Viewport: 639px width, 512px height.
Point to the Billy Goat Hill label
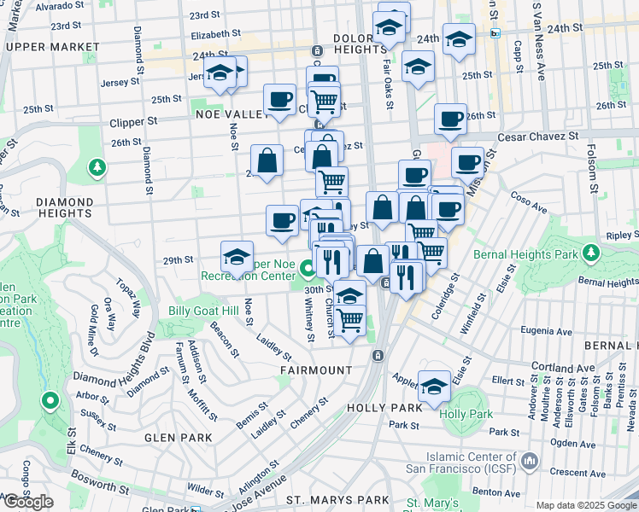point(203,312)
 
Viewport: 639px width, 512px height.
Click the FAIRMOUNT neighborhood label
point(316,370)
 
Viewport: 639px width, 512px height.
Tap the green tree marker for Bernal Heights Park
point(590,252)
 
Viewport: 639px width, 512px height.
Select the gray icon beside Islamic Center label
point(529,462)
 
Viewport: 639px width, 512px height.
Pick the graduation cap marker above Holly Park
point(435,386)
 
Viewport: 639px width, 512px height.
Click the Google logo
point(28,503)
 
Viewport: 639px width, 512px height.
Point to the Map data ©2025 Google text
point(586,505)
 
